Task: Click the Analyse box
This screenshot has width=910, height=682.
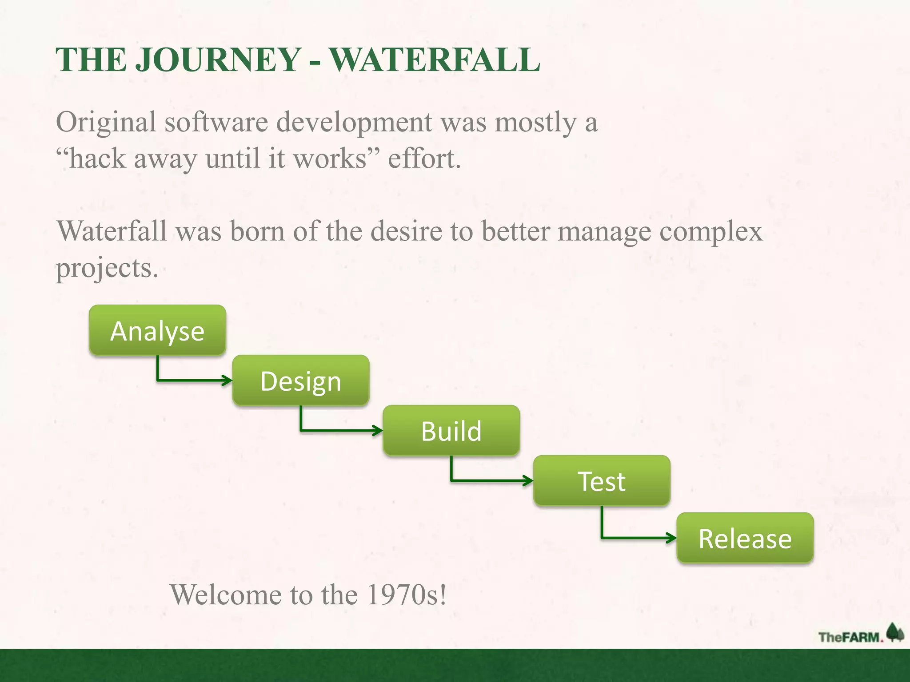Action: (157, 330)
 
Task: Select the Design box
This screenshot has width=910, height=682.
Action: (301, 381)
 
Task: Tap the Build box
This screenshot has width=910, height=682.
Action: (451, 431)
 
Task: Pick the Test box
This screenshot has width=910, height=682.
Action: (601, 481)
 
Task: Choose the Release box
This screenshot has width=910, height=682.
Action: (745, 538)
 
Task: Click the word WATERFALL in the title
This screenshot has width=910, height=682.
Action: (435, 60)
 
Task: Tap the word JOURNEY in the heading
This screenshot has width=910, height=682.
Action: (218, 60)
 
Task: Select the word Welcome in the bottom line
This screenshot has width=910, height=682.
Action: (226, 595)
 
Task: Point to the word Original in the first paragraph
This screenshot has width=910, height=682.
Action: (106, 122)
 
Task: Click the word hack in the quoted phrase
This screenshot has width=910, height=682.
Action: (98, 159)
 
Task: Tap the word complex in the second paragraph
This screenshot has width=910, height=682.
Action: (711, 232)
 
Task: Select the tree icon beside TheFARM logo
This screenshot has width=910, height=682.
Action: (895, 632)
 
